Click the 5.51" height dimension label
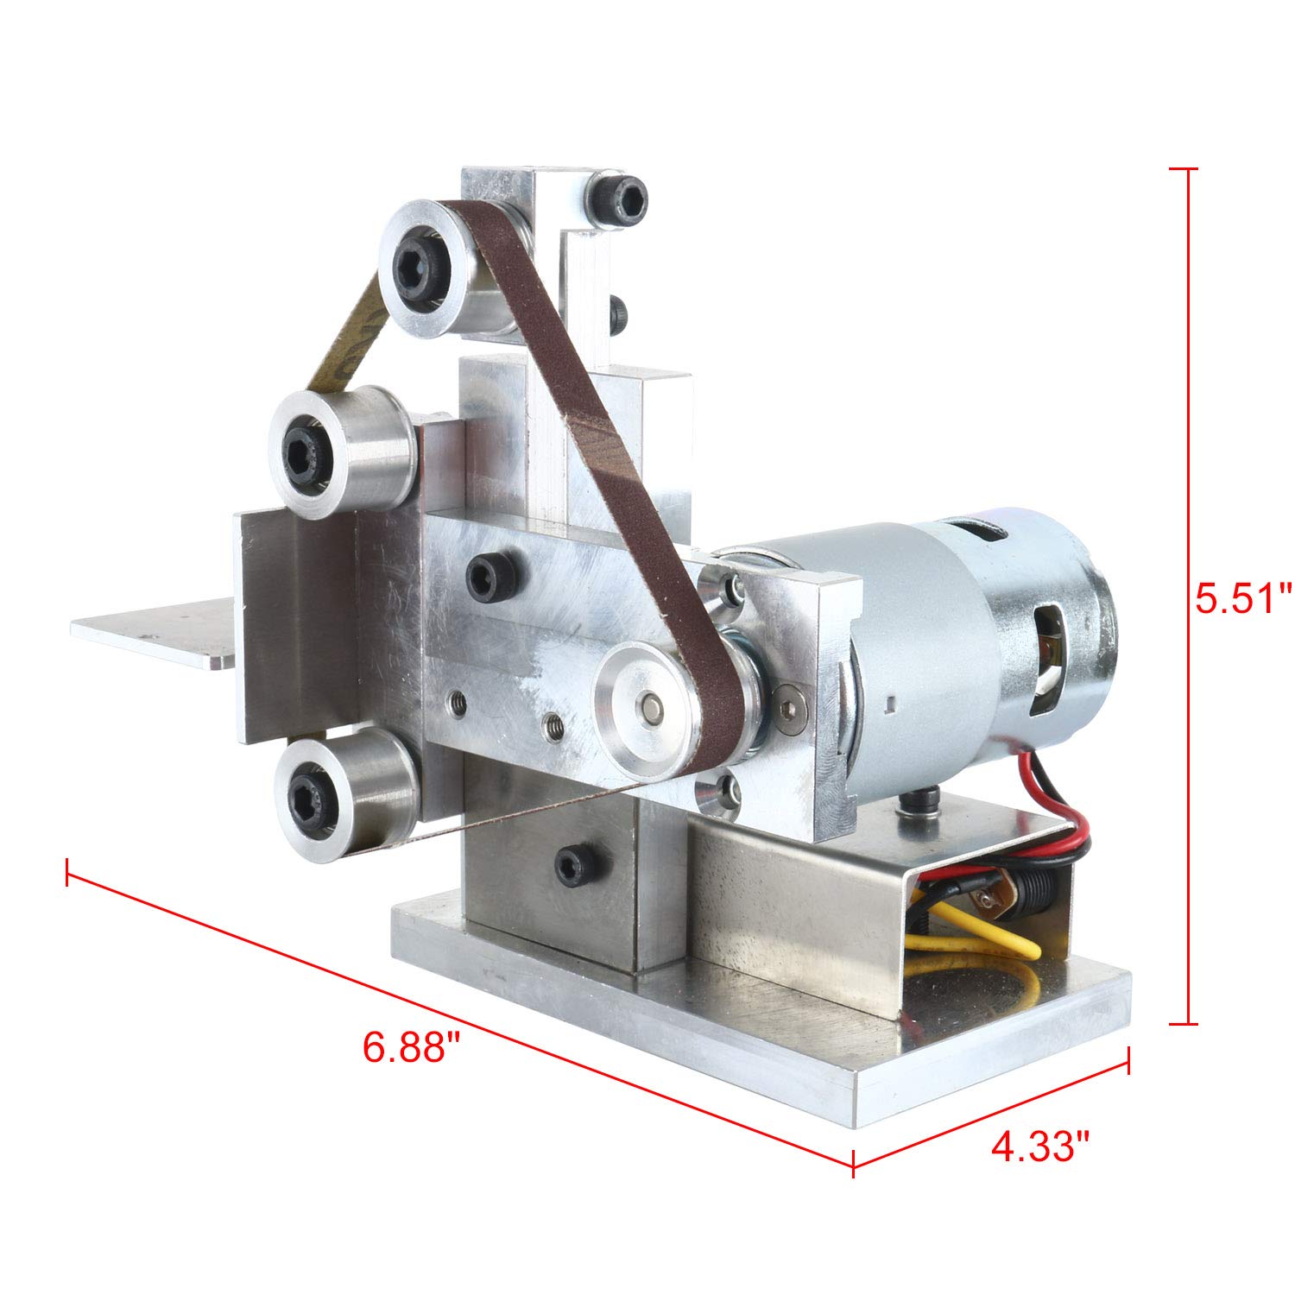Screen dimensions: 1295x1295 pos(1243,597)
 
